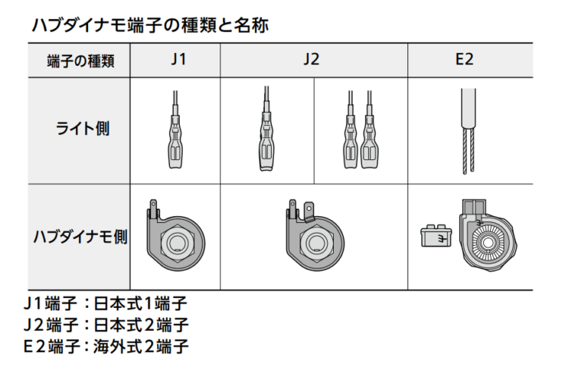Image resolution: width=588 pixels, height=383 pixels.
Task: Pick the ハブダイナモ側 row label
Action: (x=80, y=237)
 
